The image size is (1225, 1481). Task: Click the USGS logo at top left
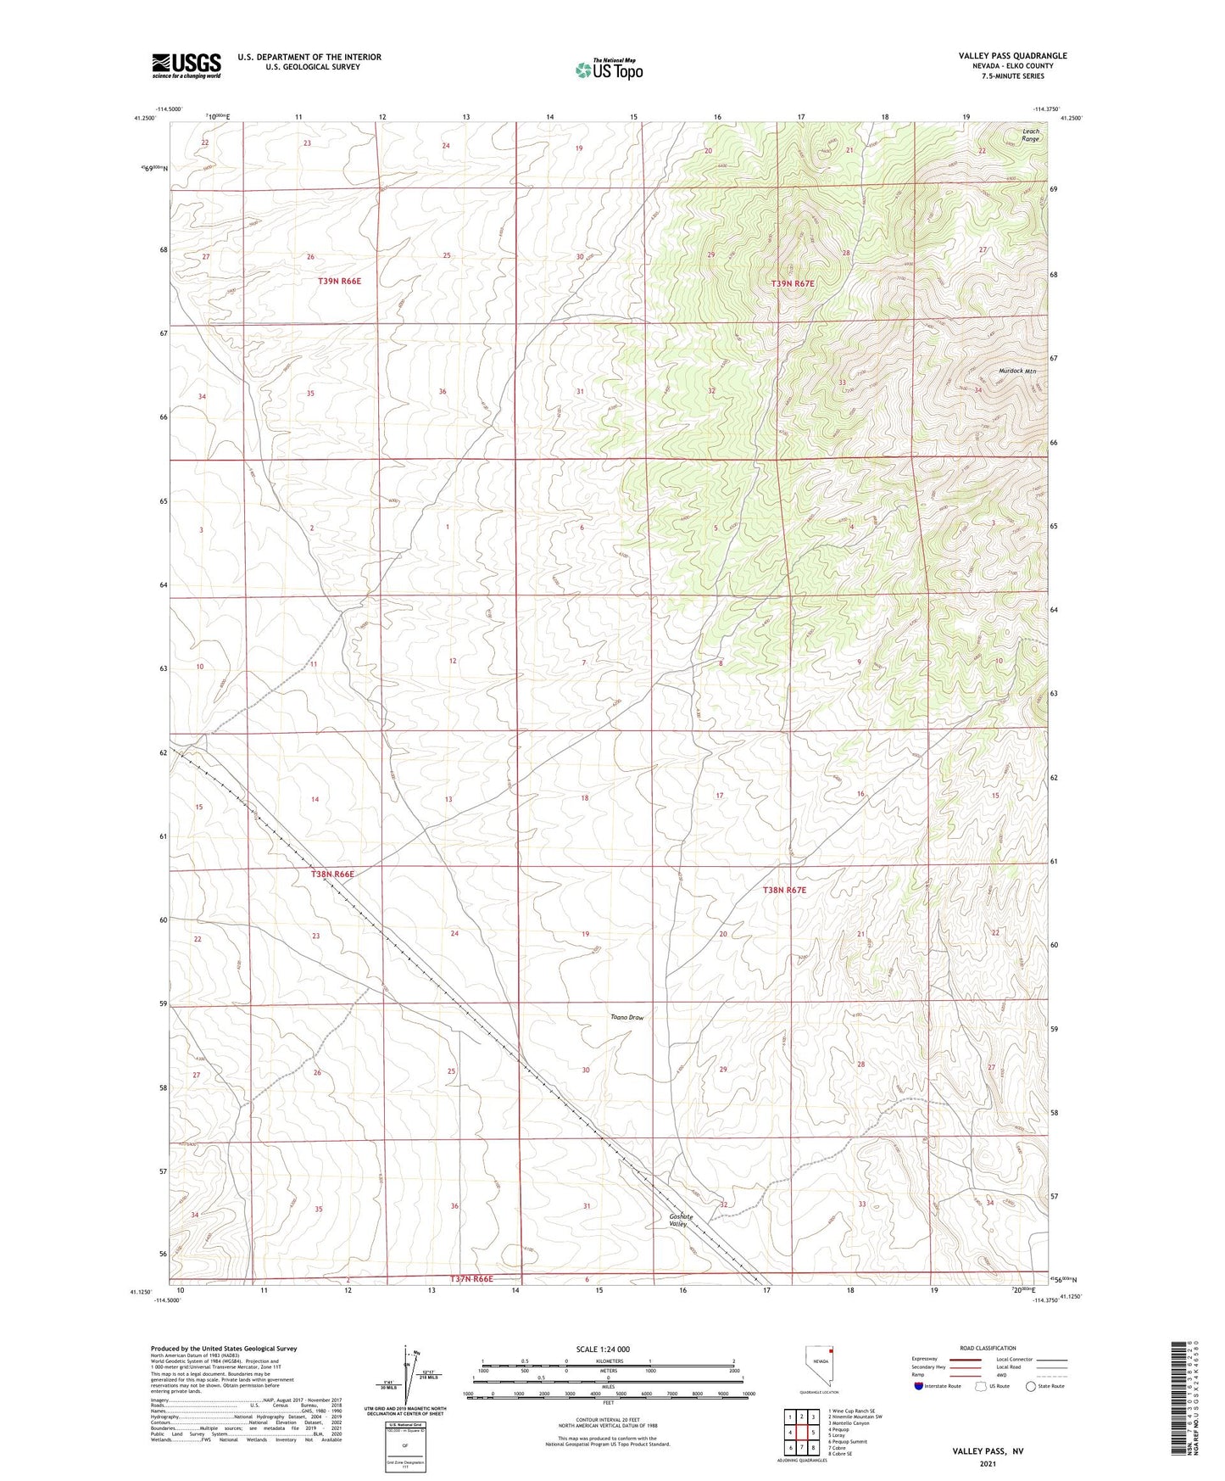(187, 65)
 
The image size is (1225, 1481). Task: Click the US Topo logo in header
(608, 70)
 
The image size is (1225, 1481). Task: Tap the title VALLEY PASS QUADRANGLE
(1012, 56)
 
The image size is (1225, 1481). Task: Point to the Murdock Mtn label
(1017, 372)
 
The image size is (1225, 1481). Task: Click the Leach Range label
(1030, 135)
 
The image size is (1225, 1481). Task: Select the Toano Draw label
(626, 1017)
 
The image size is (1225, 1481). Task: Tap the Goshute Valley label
(681, 1220)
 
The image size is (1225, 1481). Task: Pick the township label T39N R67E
(793, 283)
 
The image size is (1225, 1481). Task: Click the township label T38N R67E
(784, 890)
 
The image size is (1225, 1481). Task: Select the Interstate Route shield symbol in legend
(919, 1386)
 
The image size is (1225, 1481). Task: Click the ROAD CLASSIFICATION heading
(988, 1348)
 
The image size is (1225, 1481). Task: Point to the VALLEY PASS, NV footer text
(988, 1451)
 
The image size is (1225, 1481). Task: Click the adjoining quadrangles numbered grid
(802, 1433)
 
